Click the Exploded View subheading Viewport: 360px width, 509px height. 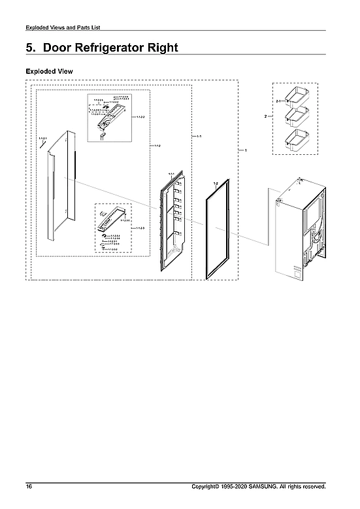(49, 70)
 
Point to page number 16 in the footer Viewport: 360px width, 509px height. (29, 487)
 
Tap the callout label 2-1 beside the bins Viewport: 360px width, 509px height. (278, 101)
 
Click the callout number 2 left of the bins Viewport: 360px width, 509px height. (265, 116)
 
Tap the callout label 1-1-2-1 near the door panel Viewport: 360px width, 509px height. (42, 139)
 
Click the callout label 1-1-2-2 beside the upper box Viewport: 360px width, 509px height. (140, 117)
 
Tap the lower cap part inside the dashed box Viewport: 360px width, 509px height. (112, 222)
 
